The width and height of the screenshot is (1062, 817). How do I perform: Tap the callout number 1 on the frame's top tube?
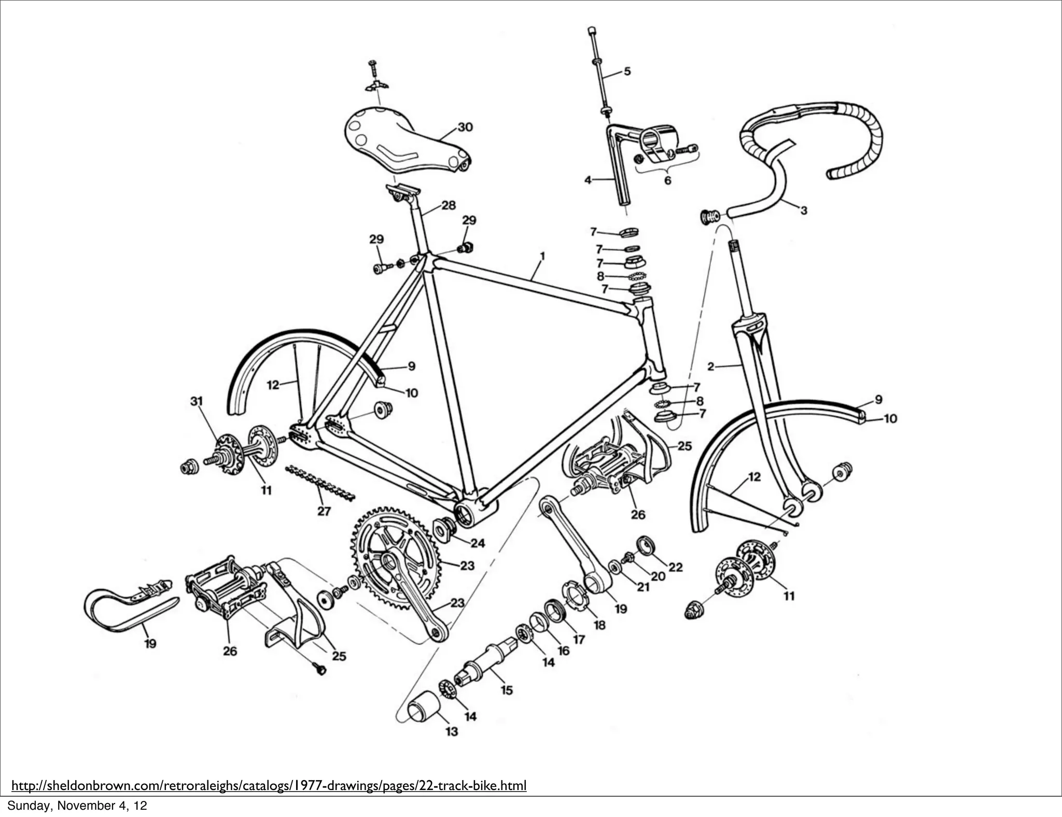(x=542, y=256)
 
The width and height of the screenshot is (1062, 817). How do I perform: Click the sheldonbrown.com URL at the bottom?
(x=269, y=786)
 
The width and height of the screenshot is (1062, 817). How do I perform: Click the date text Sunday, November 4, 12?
(x=77, y=806)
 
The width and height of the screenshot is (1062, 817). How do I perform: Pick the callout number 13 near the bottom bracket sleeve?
(x=452, y=731)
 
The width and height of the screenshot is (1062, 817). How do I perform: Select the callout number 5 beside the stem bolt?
(x=627, y=71)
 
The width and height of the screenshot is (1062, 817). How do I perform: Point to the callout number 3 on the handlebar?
(x=803, y=210)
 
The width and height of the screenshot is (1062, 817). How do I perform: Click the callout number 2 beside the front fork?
(x=711, y=367)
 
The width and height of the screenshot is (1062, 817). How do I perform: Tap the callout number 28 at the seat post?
(x=449, y=205)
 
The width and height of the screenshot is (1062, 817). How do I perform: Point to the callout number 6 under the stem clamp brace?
(x=667, y=180)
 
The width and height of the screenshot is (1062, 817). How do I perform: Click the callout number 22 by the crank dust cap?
(x=675, y=567)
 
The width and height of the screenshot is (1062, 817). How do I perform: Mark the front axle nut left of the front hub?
(x=694, y=610)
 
